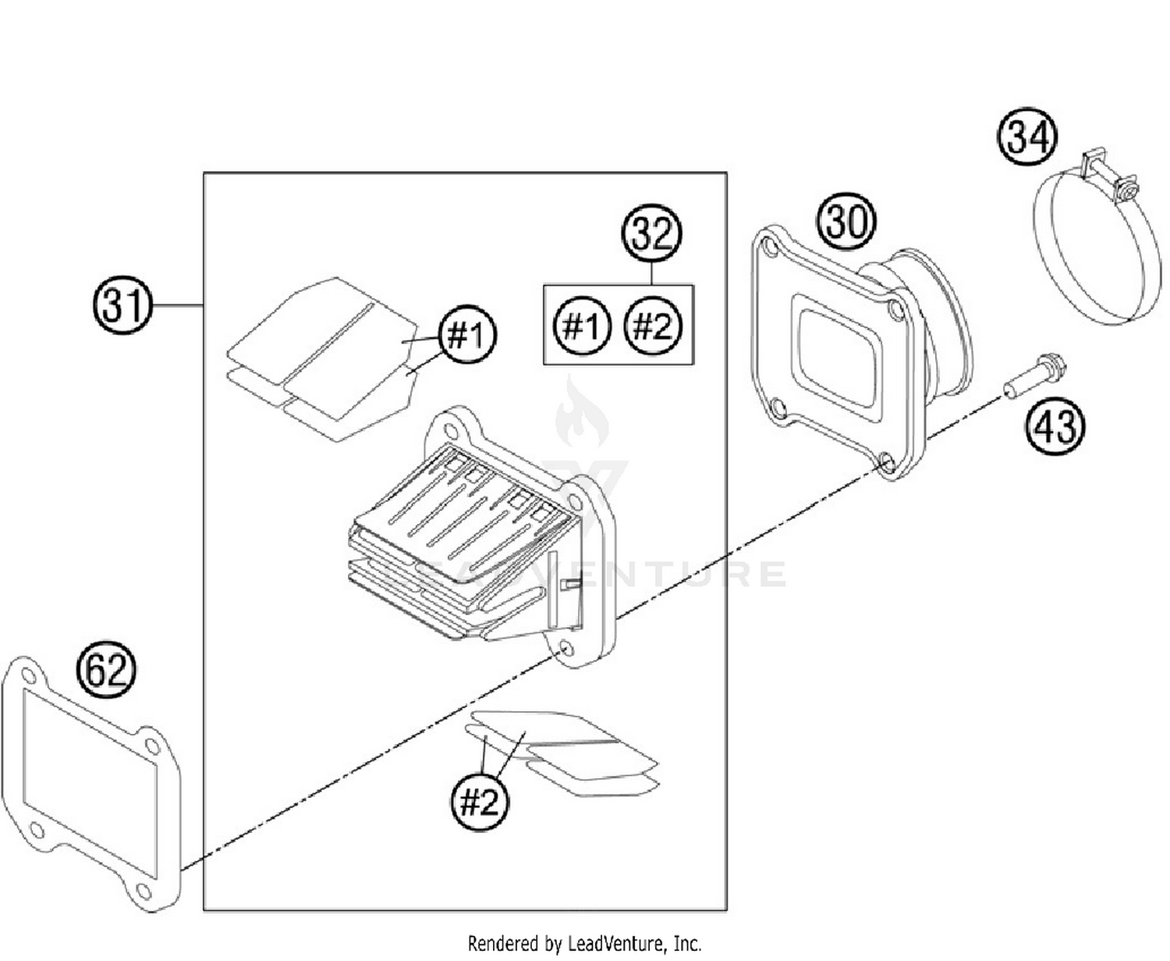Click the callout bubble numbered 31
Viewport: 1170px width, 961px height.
122,305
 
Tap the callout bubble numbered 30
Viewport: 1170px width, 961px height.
846,222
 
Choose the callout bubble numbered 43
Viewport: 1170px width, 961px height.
1055,426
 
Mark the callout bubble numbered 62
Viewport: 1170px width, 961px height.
105,670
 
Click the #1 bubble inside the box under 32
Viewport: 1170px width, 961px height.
582,326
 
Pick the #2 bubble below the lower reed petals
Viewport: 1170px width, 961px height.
479,801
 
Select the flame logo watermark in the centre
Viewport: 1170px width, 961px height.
581,414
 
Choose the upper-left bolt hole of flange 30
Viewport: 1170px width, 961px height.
770,250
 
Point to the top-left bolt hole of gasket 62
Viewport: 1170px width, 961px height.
27,674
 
